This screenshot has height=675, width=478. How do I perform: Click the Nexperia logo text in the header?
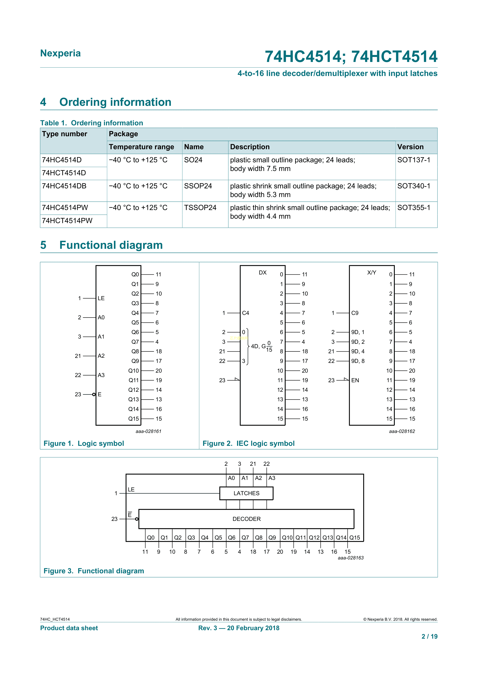[x=60, y=53]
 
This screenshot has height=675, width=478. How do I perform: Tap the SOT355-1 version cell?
[x=413, y=208]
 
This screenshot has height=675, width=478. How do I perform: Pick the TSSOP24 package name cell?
[x=200, y=208]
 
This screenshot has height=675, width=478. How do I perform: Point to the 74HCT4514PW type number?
[x=67, y=221]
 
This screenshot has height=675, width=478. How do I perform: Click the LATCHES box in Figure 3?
[x=246, y=493]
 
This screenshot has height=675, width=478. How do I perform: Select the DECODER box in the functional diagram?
[x=246, y=519]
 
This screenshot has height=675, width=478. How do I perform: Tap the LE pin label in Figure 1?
[x=101, y=298]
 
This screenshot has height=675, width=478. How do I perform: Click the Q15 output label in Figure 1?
[x=133, y=419]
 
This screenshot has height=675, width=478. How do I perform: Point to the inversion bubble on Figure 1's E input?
[x=94, y=394]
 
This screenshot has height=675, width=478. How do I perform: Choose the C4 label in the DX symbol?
[x=245, y=313]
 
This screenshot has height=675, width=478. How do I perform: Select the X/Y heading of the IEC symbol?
[x=371, y=272]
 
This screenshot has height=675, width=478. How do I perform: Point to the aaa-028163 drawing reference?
[x=351, y=558]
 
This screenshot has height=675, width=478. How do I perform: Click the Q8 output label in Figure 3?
[x=259, y=538]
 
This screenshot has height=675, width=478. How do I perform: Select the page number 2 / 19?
[x=429, y=637]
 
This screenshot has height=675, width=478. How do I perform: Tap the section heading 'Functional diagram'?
[x=111, y=245]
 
